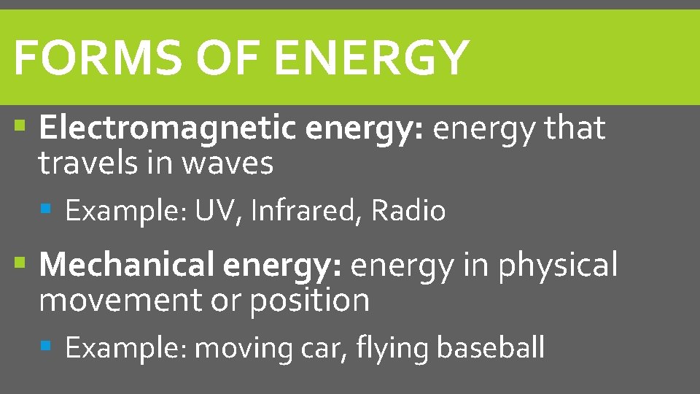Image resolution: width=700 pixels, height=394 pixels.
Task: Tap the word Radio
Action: point(408,212)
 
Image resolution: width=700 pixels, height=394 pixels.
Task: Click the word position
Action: point(309,301)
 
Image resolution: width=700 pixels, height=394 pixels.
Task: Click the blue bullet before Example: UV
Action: point(46,210)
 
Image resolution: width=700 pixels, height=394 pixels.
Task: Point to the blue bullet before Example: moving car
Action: point(46,347)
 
